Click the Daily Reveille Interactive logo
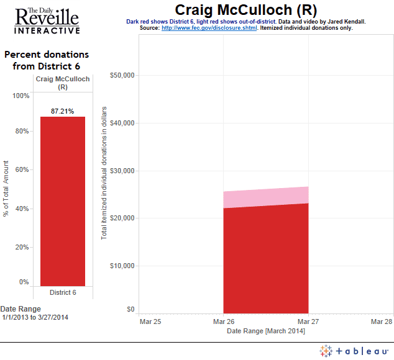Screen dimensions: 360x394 point(46,20)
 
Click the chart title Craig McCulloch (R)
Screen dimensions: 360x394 point(245,10)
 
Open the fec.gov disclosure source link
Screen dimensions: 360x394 point(209,28)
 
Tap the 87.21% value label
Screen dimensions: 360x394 point(62,112)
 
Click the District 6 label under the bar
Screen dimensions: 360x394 point(62,292)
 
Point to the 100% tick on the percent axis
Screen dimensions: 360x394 point(21,96)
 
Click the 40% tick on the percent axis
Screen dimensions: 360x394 point(22,209)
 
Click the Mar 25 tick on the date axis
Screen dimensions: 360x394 point(150,322)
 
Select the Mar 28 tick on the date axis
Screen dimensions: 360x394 point(381,322)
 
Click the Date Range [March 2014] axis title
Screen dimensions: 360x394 point(265,331)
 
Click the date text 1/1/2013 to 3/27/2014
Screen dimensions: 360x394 point(35,318)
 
